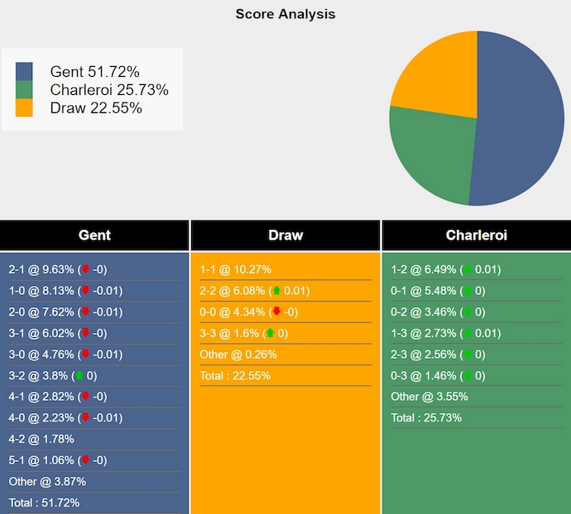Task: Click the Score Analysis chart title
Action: tap(285, 14)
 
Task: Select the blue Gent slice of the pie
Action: tap(521, 124)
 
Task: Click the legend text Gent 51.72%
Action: tap(94, 72)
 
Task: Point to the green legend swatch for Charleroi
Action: tap(24, 90)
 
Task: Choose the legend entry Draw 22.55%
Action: tap(96, 108)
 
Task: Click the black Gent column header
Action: tap(94, 236)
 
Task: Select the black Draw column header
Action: tap(285, 236)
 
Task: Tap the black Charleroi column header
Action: tap(476, 236)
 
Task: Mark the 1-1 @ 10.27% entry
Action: tap(236, 269)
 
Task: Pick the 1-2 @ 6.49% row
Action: tap(445, 269)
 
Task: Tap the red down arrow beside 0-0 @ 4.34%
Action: tap(276, 312)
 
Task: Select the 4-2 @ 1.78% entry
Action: tap(41, 439)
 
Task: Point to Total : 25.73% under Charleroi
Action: tap(426, 417)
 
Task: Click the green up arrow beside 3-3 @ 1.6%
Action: tap(270, 333)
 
